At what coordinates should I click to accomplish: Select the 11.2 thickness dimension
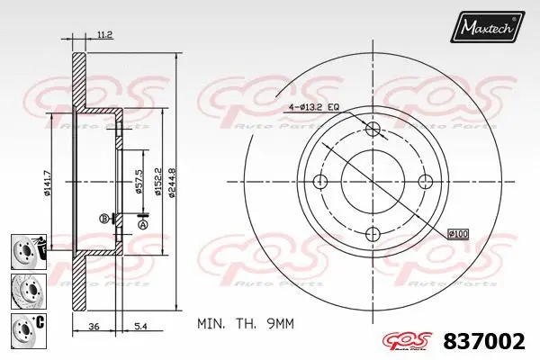[103, 35]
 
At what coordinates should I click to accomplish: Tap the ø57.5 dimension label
[138, 179]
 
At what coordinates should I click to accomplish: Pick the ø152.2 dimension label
[157, 179]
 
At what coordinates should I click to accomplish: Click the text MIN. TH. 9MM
[245, 322]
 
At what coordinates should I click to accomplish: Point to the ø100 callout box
[457, 234]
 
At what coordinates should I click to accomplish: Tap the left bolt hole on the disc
[321, 182]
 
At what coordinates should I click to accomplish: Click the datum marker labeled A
[142, 225]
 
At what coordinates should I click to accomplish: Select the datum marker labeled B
[104, 218]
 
